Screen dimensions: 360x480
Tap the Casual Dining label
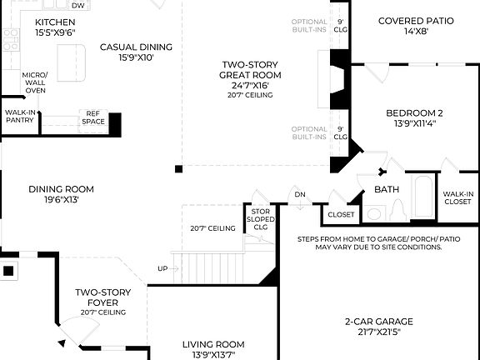point(136,52)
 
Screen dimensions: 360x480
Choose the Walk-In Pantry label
point(20,116)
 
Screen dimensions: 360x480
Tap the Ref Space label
point(93,117)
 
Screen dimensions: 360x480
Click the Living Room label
point(213,349)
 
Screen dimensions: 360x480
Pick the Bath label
point(387,189)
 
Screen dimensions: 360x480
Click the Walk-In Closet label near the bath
point(457,197)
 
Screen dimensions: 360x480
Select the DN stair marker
point(300,195)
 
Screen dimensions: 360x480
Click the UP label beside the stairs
point(162,268)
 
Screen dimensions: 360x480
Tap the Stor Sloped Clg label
point(259,218)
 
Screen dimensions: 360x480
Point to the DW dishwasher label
point(77,5)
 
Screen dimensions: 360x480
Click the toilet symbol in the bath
point(397,208)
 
